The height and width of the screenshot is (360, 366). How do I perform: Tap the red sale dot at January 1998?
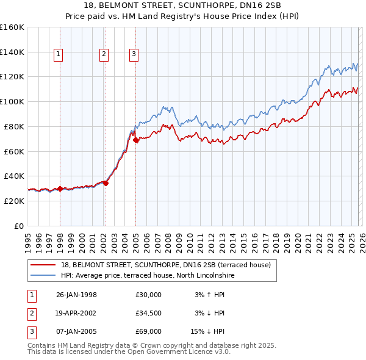(60, 189)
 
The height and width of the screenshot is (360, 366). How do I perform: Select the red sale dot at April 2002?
(106, 182)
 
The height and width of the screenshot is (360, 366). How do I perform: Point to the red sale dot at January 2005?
(135, 140)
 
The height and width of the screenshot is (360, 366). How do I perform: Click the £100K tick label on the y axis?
(12, 101)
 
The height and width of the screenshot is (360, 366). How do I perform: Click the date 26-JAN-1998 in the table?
(76, 294)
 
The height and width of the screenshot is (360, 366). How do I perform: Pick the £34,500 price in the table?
(148, 313)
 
